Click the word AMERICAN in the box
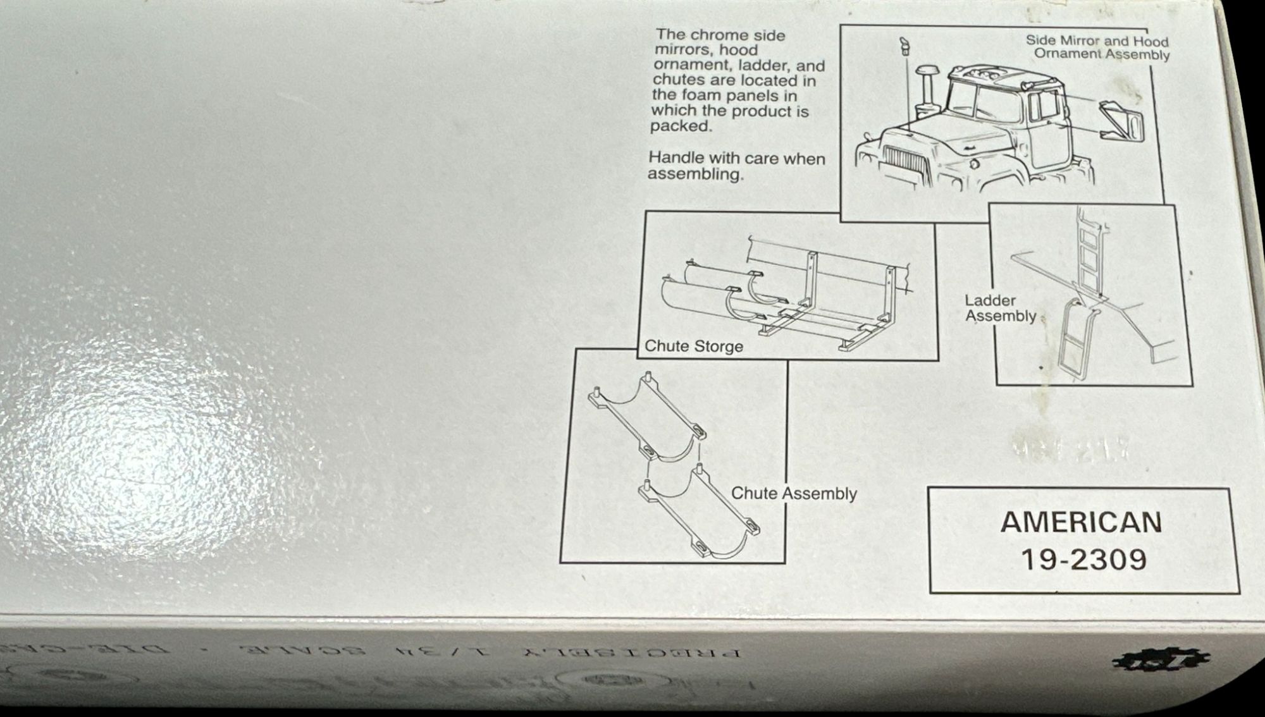coord(1081,523)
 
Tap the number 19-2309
coord(1083,559)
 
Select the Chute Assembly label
coord(794,494)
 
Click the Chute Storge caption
coord(693,346)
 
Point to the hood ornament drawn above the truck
coord(904,46)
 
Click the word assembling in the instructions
coord(695,175)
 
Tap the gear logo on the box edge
coord(1161,661)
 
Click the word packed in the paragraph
coord(681,126)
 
